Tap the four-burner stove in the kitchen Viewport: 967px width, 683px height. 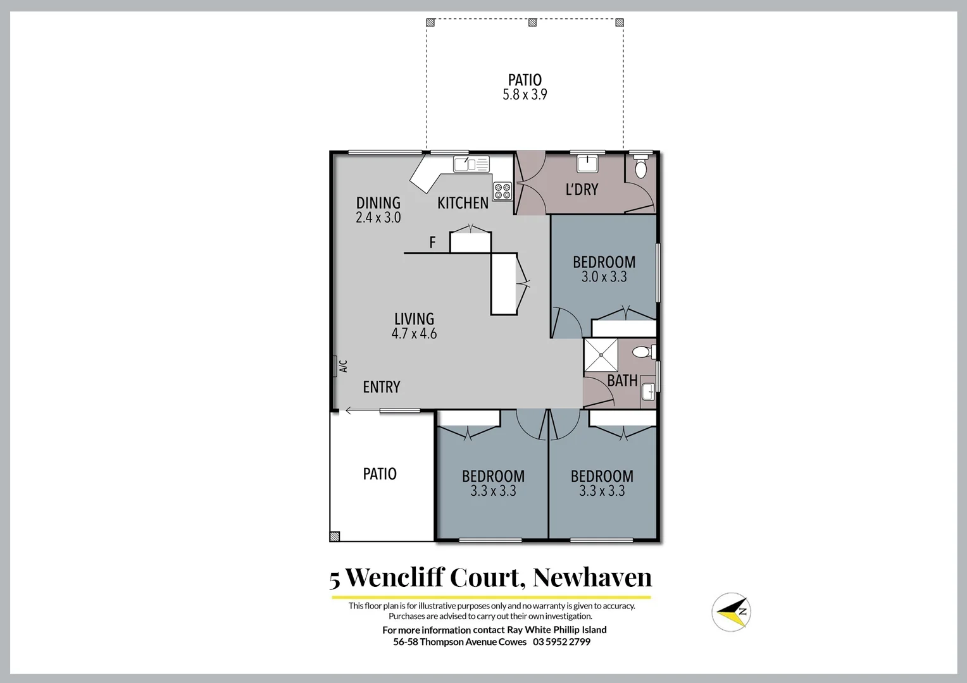[x=502, y=191]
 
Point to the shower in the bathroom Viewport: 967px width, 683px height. [x=601, y=355]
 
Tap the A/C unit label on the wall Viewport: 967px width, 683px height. [x=342, y=366]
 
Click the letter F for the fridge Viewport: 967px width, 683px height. [x=433, y=242]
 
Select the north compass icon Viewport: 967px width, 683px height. [x=731, y=612]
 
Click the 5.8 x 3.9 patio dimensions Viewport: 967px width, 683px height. [x=525, y=95]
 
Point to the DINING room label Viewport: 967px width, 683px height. [x=378, y=203]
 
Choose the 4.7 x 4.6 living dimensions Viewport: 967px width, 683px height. [x=414, y=333]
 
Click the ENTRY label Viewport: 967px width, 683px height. [x=381, y=386]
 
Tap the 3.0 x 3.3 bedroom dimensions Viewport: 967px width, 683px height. [x=604, y=276]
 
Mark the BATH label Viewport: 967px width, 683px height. [x=622, y=380]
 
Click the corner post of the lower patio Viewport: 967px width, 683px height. [x=335, y=536]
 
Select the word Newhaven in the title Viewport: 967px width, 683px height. [x=592, y=577]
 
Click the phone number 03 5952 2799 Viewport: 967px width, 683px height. [x=561, y=642]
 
